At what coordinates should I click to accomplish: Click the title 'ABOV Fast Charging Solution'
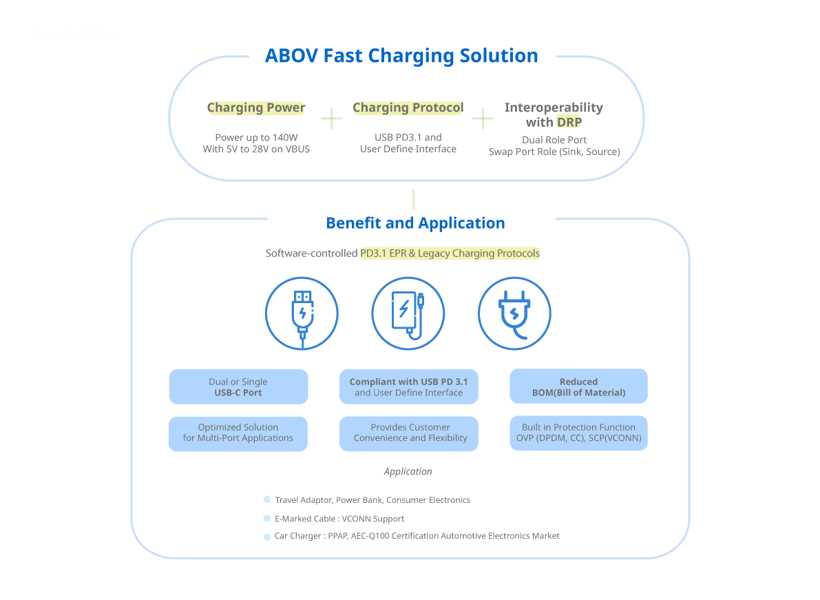[x=401, y=56]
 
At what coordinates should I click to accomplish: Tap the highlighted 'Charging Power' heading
[x=256, y=108]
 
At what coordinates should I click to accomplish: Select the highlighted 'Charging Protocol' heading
[x=408, y=108]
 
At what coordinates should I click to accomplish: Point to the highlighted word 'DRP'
[x=569, y=123]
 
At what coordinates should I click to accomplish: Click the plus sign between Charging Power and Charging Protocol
[x=332, y=118]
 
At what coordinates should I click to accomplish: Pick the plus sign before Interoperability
[x=483, y=118]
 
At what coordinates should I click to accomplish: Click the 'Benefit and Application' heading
[x=415, y=223]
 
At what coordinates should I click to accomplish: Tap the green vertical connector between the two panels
[x=414, y=200]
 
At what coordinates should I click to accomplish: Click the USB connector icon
[x=302, y=313]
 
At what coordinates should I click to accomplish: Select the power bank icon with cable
[x=408, y=313]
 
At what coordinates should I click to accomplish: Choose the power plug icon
[x=514, y=313]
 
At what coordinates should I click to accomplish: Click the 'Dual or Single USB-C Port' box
[x=238, y=387]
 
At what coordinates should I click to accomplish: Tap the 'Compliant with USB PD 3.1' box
[x=409, y=387]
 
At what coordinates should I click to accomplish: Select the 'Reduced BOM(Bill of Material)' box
[x=578, y=387]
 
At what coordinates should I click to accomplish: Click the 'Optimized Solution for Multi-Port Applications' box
[x=238, y=433]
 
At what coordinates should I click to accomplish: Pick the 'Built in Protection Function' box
[x=578, y=433]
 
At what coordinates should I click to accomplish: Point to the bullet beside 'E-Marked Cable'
[x=267, y=519]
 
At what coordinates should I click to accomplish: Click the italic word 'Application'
[x=408, y=472]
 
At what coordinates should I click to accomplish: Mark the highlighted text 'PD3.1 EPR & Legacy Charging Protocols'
[x=450, y=254]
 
